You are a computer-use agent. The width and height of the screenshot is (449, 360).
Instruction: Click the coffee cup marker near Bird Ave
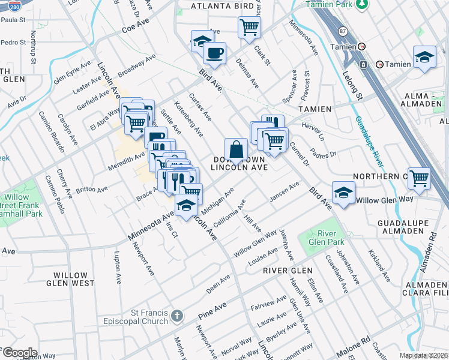tap(214, 53)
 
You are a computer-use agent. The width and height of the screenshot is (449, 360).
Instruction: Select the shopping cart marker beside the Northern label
tap(419, 178)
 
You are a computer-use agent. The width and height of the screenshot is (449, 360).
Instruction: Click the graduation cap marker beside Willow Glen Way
tap(343, 192)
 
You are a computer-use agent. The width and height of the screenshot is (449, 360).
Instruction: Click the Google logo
tap(19, 352)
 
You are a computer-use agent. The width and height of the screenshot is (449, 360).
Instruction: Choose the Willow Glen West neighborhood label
tap(82, 279)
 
